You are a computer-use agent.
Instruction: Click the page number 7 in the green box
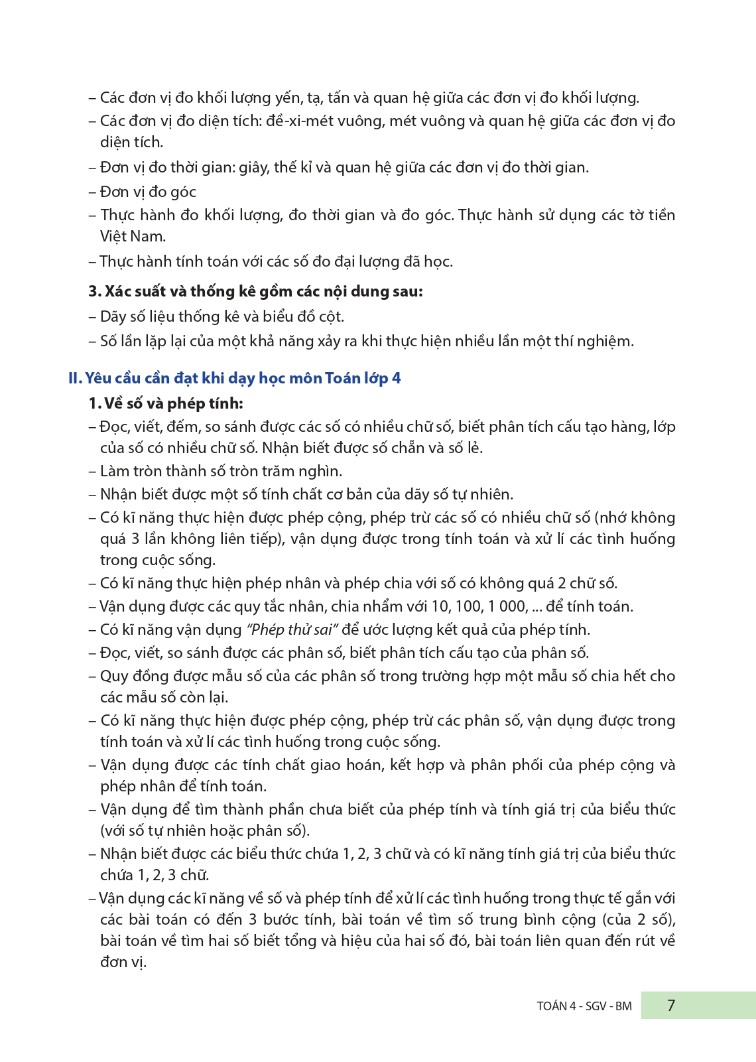click(x=670, y=1005)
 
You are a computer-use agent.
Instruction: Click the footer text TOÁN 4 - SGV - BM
click(x=584, y=1006)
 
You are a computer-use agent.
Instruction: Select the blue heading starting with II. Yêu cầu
click(x=235, y=378)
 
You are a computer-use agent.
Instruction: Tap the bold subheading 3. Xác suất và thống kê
click(x=255, y=291)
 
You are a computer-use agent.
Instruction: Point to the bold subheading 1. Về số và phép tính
click(x=166, y=403)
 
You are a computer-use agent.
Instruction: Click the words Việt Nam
click(x=133, y=236)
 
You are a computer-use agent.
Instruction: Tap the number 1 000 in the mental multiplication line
click(x=508, y=606)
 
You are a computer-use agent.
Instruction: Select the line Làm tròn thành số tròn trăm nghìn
click(x=221, y=471)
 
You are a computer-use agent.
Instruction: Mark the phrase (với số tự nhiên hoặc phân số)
click(x=205, y=830)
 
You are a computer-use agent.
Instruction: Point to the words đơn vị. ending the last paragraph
click(x=123, y=962)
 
